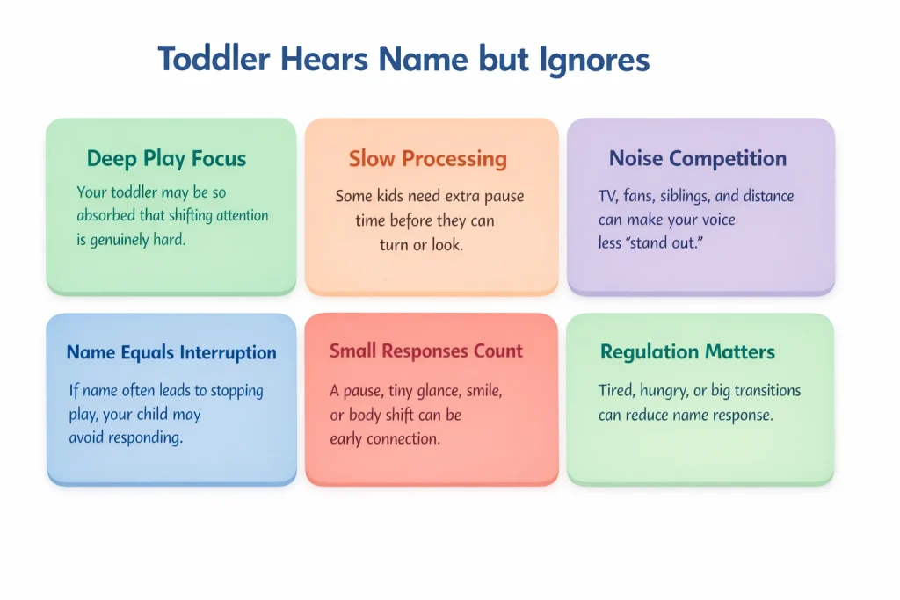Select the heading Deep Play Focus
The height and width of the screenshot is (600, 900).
click(166, 159)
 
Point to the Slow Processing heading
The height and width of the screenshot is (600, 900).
click(428, 159)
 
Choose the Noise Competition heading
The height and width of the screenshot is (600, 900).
click(698, 159)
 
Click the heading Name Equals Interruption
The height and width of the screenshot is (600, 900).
click(171, 353)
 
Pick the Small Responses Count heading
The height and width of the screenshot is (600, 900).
click(426, 351)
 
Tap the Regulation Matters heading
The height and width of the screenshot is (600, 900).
click(687, 352)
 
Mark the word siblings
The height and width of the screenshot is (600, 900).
click(679, 197)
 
